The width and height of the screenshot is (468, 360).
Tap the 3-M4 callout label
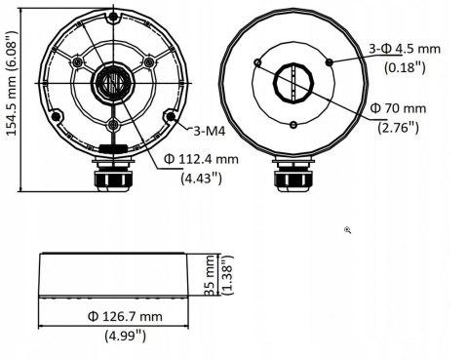(203, 128)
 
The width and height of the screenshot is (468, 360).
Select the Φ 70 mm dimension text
(403, 107)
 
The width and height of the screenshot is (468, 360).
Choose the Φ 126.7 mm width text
(124, 317)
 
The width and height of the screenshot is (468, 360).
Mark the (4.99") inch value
(125, 336)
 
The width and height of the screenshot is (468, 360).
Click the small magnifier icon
(348, 230)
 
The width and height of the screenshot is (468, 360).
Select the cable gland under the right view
(293, 180)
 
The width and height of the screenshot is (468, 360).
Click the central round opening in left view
(113, 82)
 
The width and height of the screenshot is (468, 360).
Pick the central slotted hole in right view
(293, 82)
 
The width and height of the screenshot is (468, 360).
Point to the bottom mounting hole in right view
(293, 123)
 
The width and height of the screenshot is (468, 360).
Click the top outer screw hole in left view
(113, 18)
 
